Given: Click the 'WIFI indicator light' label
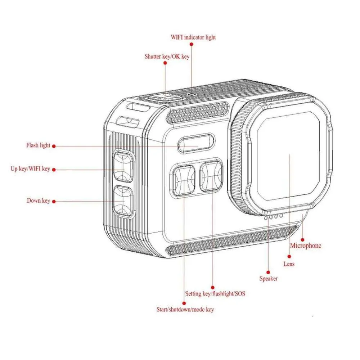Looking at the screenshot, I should [x=193, y=37].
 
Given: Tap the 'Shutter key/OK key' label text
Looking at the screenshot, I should [x=167, y=56].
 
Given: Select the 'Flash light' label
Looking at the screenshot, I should [x=38, y=145].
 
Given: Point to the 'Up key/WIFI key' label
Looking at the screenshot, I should [x=30, y=169].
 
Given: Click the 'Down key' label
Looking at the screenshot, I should [x=38, y=201].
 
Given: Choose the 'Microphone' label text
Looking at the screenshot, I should [x=306, y=246].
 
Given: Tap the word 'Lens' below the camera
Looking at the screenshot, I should [x=289, y=264].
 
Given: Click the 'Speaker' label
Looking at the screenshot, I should [x=268, y=278].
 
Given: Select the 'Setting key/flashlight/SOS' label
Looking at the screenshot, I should [x=215, y=294].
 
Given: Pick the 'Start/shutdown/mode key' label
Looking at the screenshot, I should [x=185, y=309].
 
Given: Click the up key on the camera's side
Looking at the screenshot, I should [x=123, y=166].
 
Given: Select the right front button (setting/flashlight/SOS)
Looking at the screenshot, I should [x=211, y=176].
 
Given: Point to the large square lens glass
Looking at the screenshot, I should [x=288, y=155].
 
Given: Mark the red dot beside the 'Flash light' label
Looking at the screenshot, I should [x=54, y=146].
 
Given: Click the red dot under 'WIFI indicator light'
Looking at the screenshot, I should [x=192, y=44].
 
